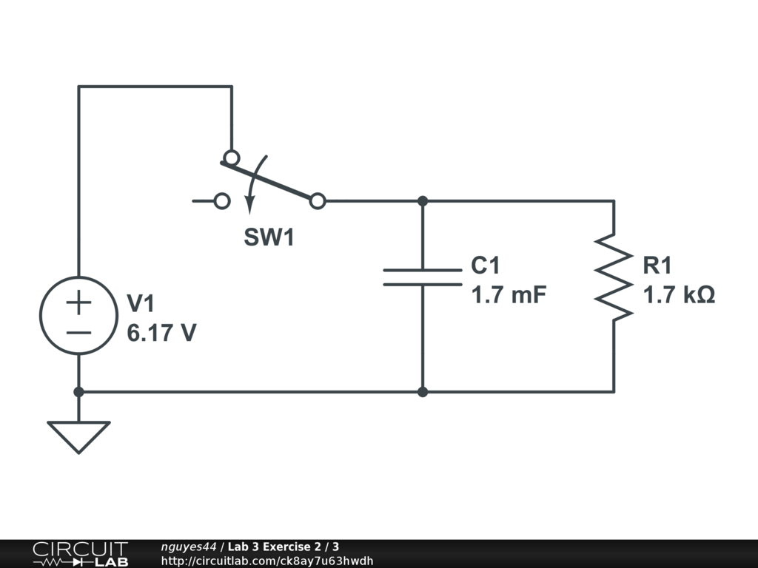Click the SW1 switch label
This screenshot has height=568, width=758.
(269, 237)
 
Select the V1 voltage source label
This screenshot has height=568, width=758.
(141, 303)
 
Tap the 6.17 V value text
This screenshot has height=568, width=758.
(161, 333)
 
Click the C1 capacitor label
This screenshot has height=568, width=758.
(486, 266)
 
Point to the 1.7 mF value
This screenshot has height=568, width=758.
(509, 294)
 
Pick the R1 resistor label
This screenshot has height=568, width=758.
(657, 266)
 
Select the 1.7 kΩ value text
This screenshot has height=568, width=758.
(679, 294)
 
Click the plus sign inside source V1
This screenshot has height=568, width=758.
(78, 302)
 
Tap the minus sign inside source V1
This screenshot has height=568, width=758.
(78, 332)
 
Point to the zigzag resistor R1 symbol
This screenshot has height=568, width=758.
(614, 277)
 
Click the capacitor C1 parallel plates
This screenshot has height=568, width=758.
(423, 277)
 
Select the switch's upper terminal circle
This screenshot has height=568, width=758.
(232, 158)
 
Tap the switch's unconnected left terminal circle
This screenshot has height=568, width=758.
(222, 201)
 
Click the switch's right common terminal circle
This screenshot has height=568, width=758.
(318, 201)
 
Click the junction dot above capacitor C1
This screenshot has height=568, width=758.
(423, 201)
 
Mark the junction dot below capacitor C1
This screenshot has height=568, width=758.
(423, 392)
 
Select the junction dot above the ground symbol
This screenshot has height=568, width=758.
(78, 392)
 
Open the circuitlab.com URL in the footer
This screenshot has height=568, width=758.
(266, 561)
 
